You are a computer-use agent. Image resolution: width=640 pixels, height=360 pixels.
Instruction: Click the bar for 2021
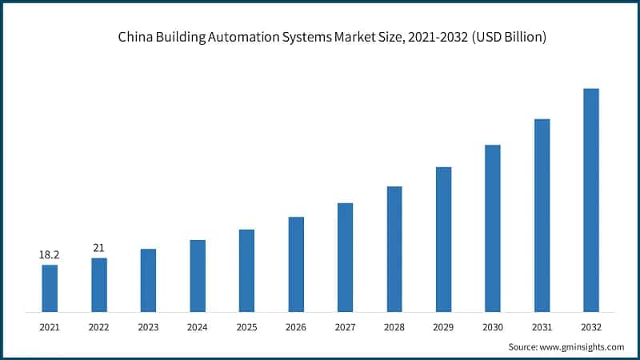coord(50,288)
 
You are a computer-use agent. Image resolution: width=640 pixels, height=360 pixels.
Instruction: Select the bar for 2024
coord(198,275)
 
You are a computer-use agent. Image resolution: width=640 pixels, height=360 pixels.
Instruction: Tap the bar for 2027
coord(345,257)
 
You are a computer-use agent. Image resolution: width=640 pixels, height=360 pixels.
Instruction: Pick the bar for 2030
coord(493,228)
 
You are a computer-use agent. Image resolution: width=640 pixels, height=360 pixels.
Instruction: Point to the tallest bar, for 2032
coord(590,200)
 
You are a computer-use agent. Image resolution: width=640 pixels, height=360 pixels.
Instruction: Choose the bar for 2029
coord(443,239)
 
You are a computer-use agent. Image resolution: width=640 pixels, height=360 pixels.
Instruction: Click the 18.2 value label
coord(50,254)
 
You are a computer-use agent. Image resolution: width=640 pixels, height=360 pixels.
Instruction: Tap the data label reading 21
coord(99,247)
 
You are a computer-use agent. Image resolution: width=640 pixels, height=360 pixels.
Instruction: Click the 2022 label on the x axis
coord(99,327)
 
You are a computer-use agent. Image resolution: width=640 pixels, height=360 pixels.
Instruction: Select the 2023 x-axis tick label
coord(148,327)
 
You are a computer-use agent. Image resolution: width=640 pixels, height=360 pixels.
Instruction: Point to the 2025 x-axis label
coord(246,327)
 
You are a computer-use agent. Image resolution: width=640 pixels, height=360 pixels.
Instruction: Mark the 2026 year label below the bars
coord(296,327)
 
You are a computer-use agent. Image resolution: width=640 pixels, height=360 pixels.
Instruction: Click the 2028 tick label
coord(394,327)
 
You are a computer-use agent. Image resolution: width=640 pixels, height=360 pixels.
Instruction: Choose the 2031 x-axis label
coord(542,327)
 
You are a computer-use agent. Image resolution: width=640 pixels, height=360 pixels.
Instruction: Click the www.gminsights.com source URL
coord(583,346)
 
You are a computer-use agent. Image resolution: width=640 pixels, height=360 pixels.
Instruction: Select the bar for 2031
coord(542,215)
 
